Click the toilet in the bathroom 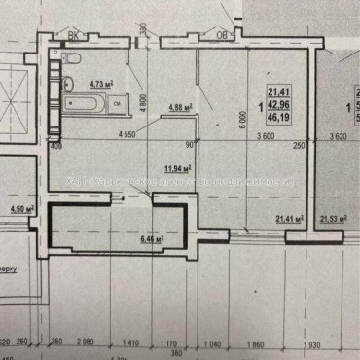[75, 59]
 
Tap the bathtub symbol [86, 101]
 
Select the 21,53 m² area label [334, 221]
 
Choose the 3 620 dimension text [338, 137]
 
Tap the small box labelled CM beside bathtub [116, 101]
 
